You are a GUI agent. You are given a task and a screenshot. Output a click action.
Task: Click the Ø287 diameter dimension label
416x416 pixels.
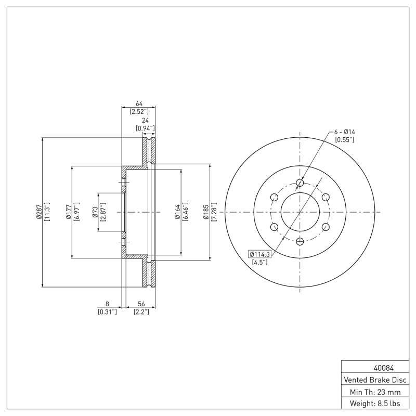pos(39,212)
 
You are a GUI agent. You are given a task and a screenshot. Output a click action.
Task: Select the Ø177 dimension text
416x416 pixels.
pos(69,212)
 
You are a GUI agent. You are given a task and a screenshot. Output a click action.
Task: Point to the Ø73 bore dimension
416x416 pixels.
pos(95,212)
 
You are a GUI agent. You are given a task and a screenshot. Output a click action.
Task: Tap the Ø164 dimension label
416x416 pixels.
pos(177,212)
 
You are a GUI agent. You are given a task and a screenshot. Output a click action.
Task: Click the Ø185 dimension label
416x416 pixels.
pos(206,212)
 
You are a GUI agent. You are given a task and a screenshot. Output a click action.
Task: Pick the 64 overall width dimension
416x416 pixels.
pos(139,103)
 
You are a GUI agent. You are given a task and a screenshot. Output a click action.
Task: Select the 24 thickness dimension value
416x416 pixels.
pos(145,120)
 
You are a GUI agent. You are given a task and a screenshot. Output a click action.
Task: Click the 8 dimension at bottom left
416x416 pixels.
pos(107,304)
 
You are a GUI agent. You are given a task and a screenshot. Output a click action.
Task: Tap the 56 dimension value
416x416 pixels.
pos(141,304)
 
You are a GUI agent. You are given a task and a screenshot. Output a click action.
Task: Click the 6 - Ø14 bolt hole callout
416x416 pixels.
pos(344,132)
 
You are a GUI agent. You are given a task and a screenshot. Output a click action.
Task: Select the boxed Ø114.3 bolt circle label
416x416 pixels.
pos(261,254)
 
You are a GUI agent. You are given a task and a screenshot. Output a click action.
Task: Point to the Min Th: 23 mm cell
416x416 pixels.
pos(374,391)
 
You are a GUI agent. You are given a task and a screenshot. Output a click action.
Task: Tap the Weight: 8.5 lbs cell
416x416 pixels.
pos(374,403)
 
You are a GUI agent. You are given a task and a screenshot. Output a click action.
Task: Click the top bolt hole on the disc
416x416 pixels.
pos(300,183)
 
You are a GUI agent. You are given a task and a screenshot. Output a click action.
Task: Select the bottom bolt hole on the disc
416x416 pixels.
pos(300,242)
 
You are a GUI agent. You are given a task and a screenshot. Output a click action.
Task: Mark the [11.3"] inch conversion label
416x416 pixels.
pos(47,212)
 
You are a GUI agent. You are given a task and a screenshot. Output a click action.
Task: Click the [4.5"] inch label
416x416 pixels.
pos(259,262)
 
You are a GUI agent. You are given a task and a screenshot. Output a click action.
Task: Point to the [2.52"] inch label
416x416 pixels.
pos(139,111)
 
